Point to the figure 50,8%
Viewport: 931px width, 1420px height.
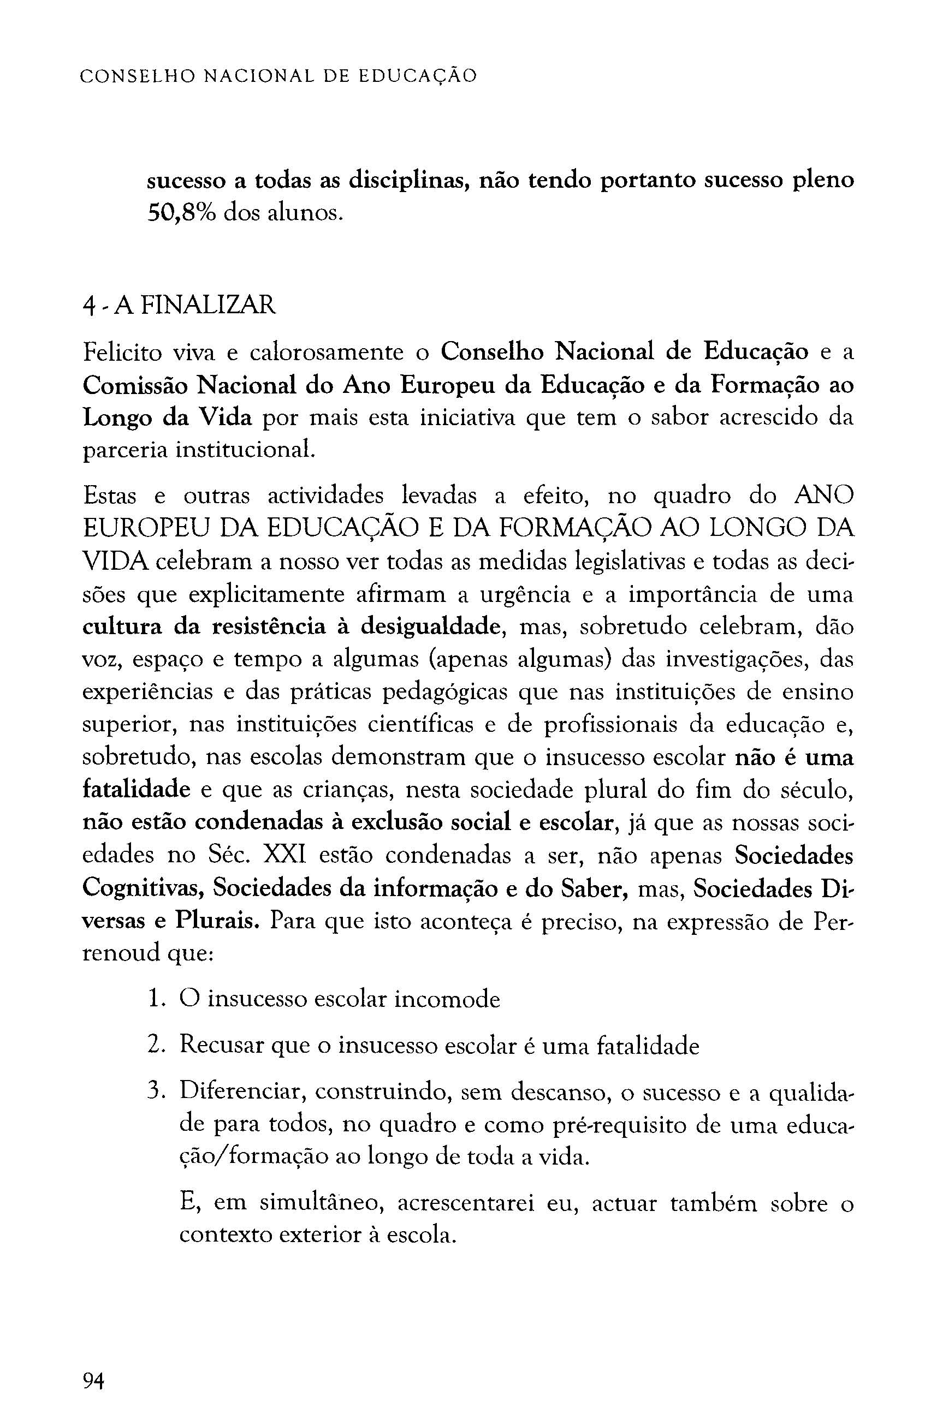pos(181,213)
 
